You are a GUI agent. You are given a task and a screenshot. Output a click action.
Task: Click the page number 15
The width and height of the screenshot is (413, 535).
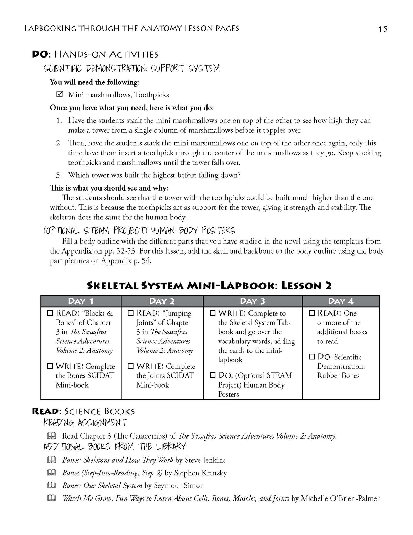383,29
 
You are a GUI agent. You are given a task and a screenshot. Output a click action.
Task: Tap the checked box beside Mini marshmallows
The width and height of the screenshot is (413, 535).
59,94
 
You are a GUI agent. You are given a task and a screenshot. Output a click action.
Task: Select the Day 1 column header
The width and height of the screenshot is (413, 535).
81,301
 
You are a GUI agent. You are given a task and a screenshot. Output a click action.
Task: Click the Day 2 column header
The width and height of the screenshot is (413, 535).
162,301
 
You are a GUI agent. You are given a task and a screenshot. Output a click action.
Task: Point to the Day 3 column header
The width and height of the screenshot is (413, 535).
253,301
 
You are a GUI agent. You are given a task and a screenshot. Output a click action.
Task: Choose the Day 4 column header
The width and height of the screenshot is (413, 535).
341,301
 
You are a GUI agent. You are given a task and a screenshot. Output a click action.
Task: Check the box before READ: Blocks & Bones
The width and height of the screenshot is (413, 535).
50,313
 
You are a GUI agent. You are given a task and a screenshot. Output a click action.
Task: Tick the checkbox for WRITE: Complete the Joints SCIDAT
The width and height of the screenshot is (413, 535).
131,366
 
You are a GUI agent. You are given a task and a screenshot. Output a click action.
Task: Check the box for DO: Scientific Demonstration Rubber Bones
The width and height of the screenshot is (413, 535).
312,357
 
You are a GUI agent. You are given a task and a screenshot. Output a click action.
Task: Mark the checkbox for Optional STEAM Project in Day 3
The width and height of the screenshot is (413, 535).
213,375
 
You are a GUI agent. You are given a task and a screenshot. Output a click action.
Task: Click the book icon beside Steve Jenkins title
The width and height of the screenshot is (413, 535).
52,460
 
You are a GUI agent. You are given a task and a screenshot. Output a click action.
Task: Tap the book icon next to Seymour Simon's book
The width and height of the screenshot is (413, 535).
52,485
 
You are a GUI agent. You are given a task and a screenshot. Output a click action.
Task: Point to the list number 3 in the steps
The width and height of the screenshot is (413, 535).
59,175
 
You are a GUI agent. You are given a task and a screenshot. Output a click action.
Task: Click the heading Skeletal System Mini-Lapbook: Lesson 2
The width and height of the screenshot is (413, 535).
210,286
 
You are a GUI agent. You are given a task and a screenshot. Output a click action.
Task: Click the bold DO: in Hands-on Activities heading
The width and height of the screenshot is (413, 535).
42,54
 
